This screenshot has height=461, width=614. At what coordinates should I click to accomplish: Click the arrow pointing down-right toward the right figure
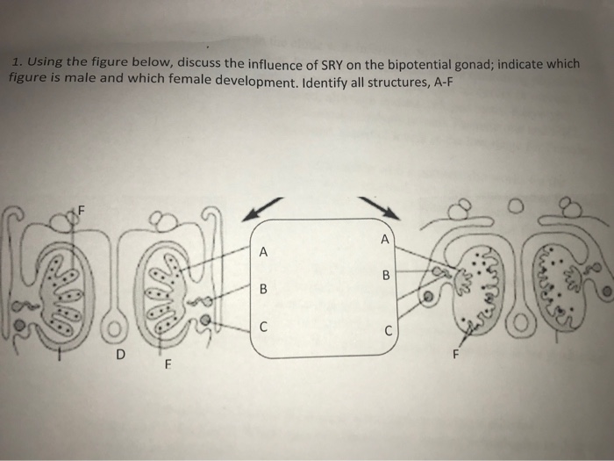coord(379,208)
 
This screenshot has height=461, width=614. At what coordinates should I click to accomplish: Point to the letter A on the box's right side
coord(383,239)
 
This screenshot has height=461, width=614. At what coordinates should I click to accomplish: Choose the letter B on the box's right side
coord(382,274)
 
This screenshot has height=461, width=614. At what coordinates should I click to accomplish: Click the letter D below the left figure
coord(121,356)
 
